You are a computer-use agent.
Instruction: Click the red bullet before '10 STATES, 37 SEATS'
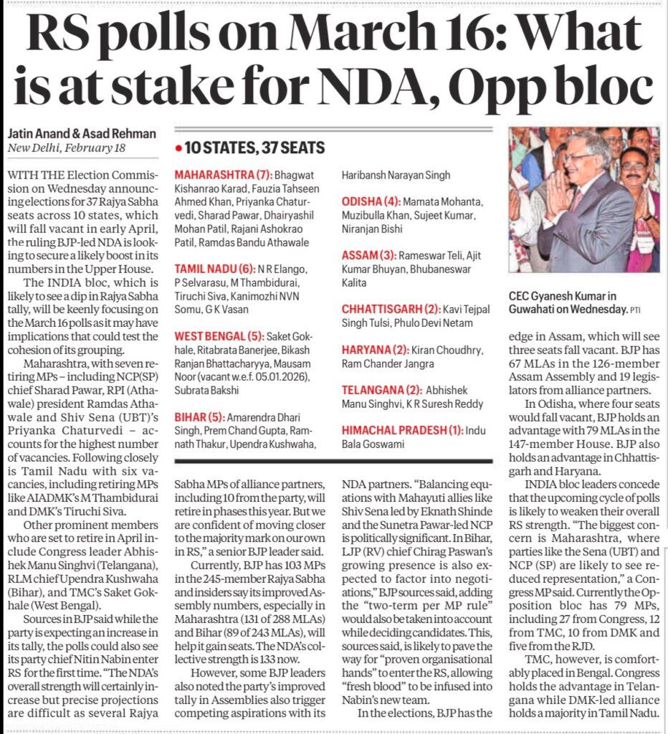pyautogui.click(x=178, y=149)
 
